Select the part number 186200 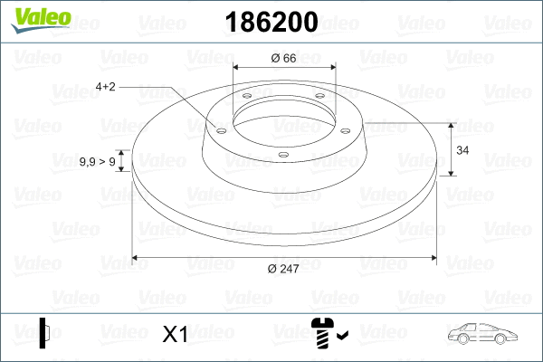point(271,21)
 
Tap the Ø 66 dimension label point(284,59)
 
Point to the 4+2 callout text point(106,87)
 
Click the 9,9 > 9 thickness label point(97,161)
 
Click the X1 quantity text point(175,335)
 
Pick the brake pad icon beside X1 point(44,333)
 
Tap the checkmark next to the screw point(342,338)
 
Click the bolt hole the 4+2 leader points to point(221,129)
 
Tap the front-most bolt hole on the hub point(282,155)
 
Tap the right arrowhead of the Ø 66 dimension point(331,68)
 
